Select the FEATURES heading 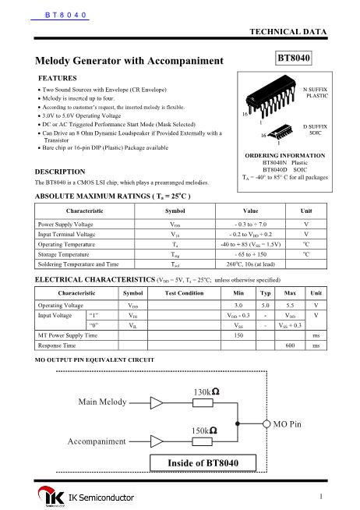tap(58, 79)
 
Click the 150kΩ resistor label tap(205, 430)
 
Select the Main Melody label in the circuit tap(102, 402)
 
